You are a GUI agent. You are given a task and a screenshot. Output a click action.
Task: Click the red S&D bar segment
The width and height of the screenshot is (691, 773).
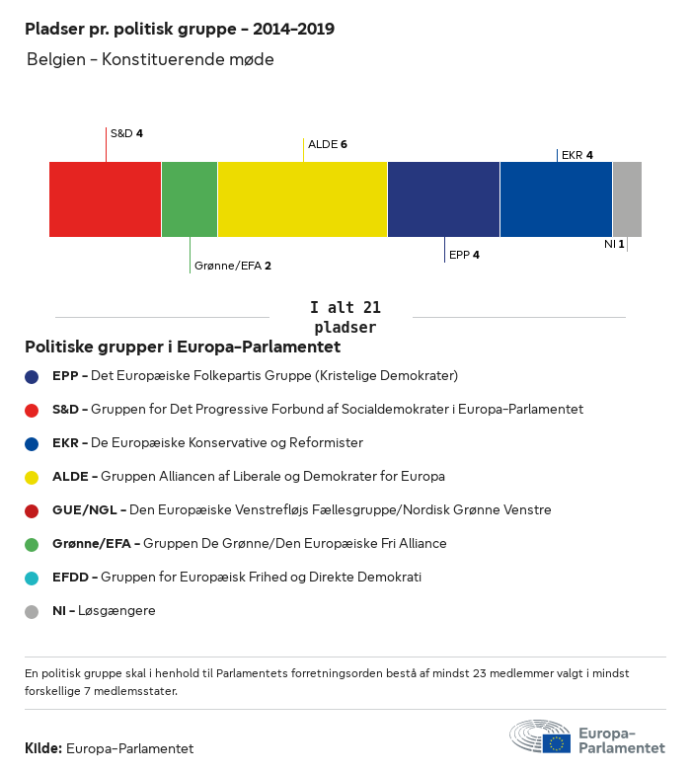[105, 199]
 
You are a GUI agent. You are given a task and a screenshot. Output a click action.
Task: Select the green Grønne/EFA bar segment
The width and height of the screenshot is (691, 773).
[190, 199]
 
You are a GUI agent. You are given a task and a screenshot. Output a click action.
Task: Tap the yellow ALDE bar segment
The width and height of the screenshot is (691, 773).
[302, 199]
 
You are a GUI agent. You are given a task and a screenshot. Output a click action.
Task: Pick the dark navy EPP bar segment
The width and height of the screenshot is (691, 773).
[443, 199]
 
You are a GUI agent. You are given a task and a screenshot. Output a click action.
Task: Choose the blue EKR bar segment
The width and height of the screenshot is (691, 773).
[556, 199]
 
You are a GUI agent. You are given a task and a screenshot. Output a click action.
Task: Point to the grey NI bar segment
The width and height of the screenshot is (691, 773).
[627, 199]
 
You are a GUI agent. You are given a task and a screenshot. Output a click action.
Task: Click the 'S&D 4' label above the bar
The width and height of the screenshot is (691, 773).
[126, 133]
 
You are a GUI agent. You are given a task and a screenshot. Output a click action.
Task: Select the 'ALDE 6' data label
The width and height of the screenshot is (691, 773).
[328, 144]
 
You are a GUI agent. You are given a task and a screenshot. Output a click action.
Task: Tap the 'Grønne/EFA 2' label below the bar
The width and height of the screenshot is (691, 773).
[233, 266]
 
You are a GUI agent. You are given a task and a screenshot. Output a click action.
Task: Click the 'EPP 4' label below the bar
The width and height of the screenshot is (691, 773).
[464, 255]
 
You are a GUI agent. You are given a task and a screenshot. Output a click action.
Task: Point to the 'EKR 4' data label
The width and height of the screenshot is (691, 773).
[577, 155]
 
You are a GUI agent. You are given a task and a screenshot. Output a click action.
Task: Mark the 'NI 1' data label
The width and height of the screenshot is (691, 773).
[614, 243]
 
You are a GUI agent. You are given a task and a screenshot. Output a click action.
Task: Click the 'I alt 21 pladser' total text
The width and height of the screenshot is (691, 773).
[345, 317]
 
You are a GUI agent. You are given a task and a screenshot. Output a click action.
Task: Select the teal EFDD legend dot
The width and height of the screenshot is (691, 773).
[32, 578]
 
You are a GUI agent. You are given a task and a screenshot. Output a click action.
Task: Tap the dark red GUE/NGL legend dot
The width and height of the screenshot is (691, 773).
[32, 510]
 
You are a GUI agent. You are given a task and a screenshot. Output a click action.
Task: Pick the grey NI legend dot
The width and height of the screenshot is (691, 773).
[32, 611]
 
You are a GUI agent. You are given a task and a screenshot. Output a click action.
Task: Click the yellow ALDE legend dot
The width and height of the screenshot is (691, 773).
[32, 477]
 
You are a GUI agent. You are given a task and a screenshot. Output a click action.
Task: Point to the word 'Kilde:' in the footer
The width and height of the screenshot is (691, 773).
[43, 748]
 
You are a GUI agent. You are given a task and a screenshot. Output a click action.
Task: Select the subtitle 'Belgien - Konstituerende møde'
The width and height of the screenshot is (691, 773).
[150, 59]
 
